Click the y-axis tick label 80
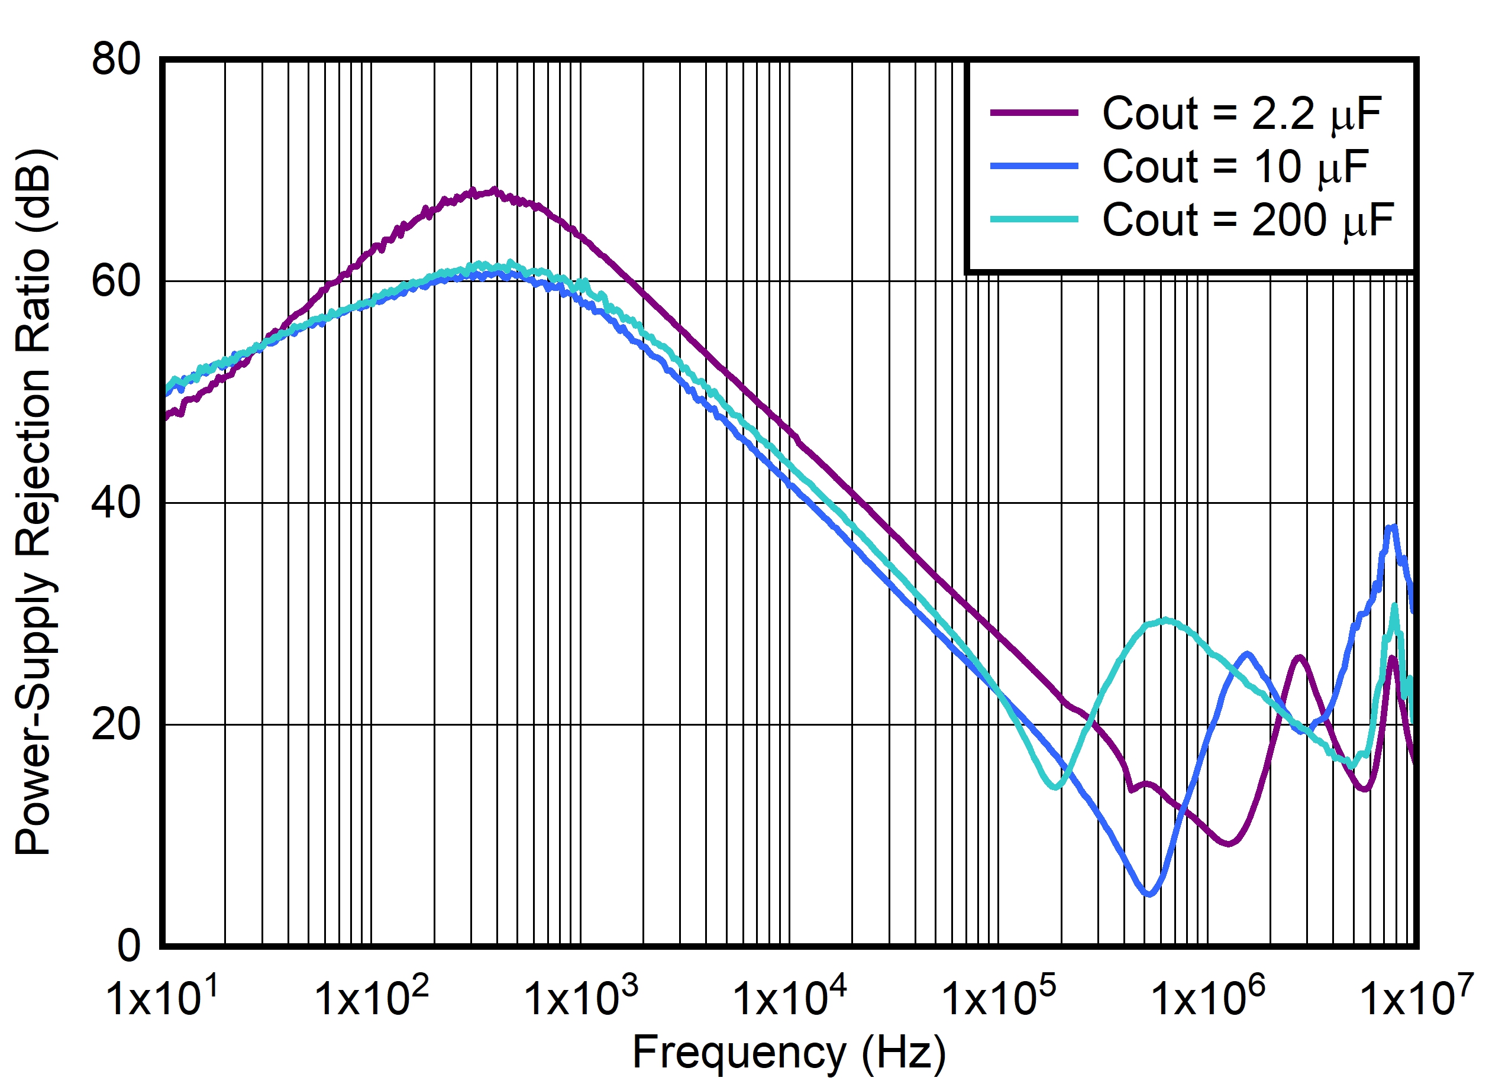pyautogui.click(x=116, y=60)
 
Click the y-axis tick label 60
pyautogui.click(x=116, y=281)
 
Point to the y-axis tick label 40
pyautogui.click(x=116, y=503)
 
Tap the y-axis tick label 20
pyautogui.click(x=116, y=724)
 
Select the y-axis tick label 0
pyautogui.click(x=128, y=946)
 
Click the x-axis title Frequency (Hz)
pyautogui.click(x=789, y=1052)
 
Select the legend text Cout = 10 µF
pyautogui.click(x=1235, y=166)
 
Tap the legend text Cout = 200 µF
pyautogui.click(x=1248, y=220)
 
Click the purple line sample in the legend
pyautogui.click(x=1034, y=113)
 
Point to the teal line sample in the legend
pyautogui.click(x=1034, y=220)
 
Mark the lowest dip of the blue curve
pyautogui.click(x=1149, y=894)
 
